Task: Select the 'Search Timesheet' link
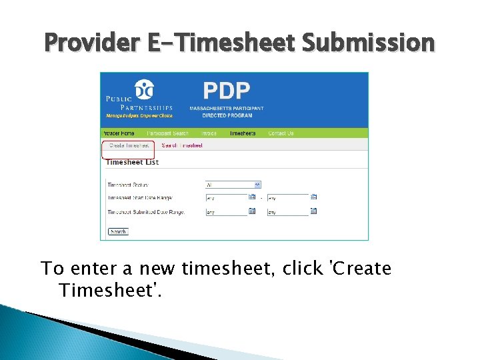(182, 145)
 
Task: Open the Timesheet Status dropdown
(233, 185)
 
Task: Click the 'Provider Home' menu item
(118, 133)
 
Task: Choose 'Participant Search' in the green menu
(167, 133)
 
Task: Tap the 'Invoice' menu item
(209, 133)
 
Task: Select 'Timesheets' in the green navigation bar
(243, 133)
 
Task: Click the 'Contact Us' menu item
(281, 133)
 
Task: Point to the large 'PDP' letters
(226, 91)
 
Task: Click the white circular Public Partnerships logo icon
(143, 89)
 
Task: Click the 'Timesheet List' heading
(132, 162)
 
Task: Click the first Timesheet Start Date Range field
(226, 198)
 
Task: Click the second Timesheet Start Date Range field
(287, 198)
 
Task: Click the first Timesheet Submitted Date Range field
(226, 213)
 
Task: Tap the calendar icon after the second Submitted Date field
(313, 211)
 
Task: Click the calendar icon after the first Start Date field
(252, 197)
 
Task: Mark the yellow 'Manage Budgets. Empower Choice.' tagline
(139, 115)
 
